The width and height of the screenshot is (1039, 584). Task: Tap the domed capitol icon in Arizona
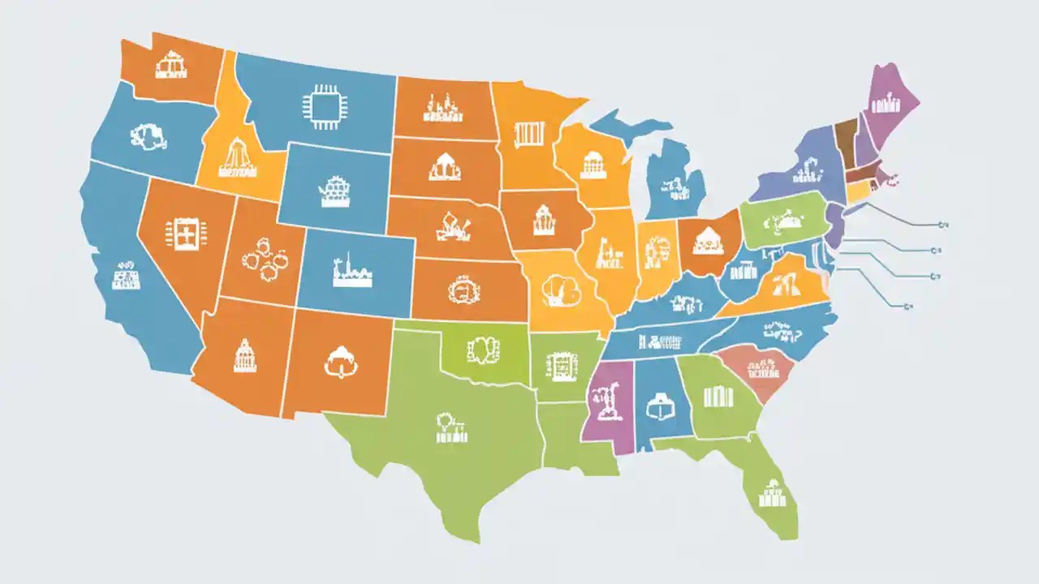(x=244, y=355)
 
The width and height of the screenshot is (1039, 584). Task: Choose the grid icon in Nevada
(x=181, y=234)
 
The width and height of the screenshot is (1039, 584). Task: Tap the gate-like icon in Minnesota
(x=528, y=132)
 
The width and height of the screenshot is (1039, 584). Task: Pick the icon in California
(x=125, y=276)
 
